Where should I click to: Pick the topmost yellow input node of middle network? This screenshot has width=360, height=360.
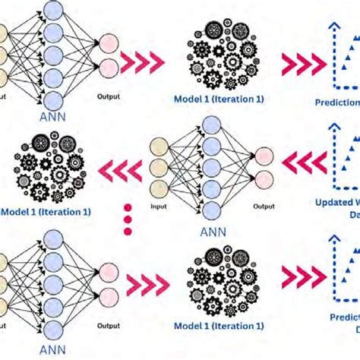tap(159, 147)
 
